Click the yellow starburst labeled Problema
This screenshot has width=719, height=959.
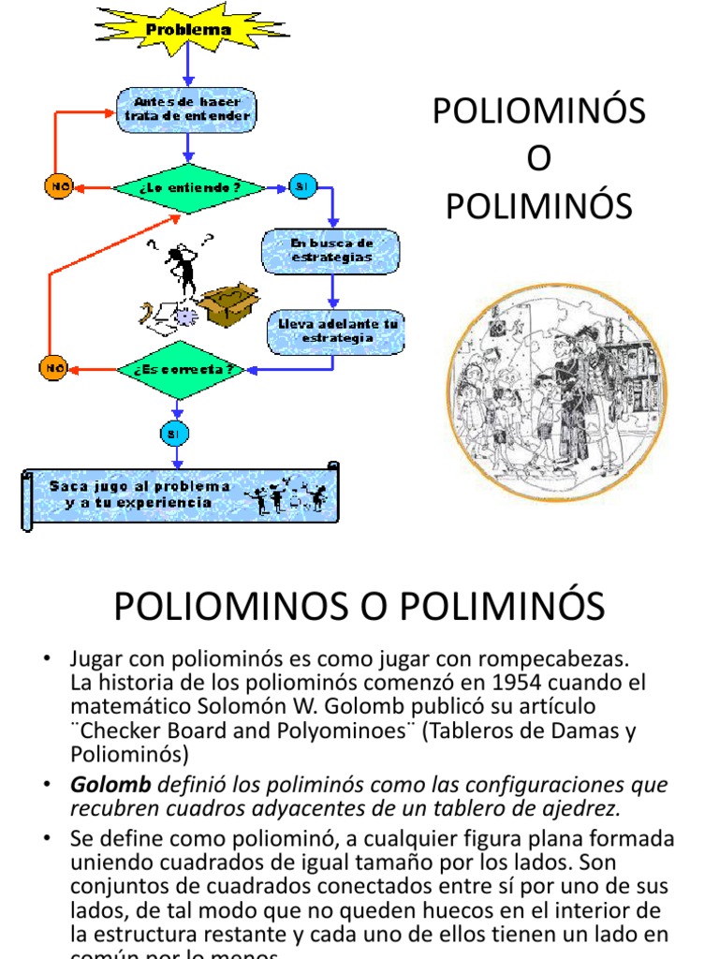point(187,29)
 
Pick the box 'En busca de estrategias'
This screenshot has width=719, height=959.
point(331,251)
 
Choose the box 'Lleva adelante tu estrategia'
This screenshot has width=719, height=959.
point(337,331)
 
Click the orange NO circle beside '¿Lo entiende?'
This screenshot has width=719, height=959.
point(59,186)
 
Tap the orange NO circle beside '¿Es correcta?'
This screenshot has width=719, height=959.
point(52,368)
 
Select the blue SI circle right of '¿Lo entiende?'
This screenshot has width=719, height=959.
point(301,186)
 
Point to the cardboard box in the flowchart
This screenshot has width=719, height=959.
point(227,304)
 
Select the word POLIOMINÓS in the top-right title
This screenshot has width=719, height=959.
point(538,111)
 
